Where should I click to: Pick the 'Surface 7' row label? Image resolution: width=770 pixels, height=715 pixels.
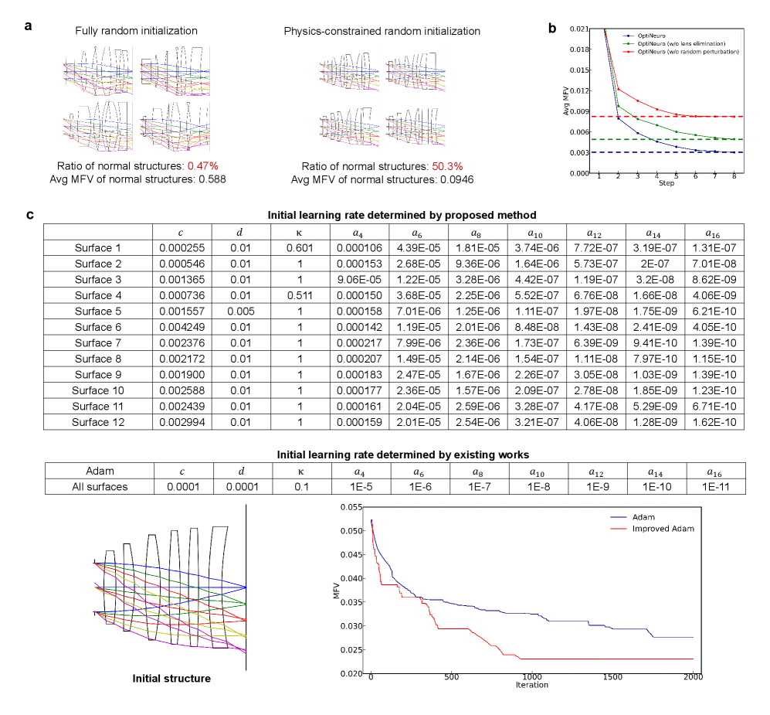click(98, 342)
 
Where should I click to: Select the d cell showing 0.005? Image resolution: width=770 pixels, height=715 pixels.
click(233, 312)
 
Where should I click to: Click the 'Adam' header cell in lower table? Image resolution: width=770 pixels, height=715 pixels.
click(98, 472)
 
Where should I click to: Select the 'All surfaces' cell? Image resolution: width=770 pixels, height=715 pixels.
click(98, 488)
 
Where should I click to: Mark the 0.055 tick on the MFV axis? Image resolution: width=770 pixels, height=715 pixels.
click(352, 507)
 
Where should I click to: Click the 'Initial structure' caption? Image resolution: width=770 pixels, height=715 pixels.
click(171, 679)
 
